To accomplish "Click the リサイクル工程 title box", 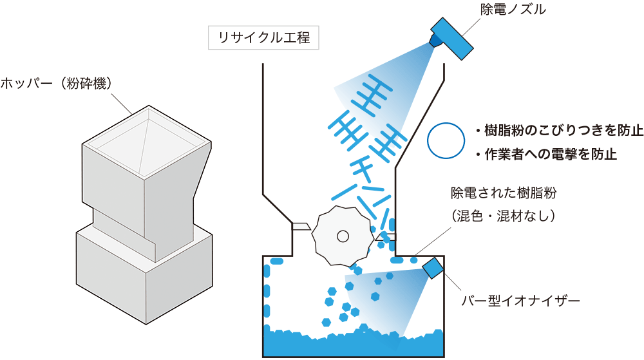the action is coord(263,38).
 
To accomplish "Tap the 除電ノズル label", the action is coord(513,9).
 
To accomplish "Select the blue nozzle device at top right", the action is coord(451,39).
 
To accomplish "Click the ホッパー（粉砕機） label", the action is coord(56,84).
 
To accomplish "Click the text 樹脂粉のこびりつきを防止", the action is coord(563,130).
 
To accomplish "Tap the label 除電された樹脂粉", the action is coord(504,193).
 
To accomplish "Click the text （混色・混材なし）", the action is coord(504,216).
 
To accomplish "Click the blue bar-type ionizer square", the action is coord(433,268).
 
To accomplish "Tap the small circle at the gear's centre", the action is coord(343,236).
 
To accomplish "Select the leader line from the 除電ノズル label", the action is coord(471,26).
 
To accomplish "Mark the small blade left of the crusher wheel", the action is coord(301,226).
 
